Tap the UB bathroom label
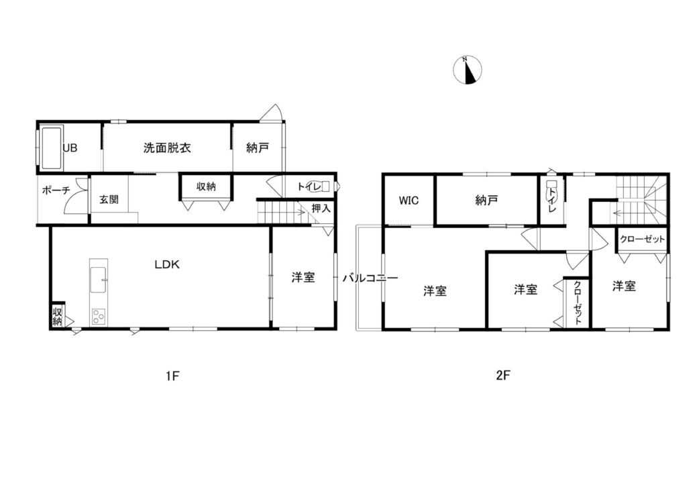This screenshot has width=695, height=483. (70, 148)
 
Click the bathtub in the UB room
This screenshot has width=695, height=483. (51, 148)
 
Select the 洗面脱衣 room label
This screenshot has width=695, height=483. (166, 148)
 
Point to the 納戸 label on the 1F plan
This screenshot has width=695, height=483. (258, 148)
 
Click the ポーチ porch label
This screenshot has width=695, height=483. (56, 191)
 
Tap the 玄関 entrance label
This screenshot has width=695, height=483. (109, 199)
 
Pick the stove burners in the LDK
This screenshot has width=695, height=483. (99, 316)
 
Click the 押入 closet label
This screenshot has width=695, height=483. (321, 209)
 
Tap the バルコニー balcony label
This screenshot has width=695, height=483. (370, 278)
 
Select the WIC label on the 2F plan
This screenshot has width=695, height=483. (409, 200)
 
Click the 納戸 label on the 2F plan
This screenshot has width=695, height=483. (487, 200)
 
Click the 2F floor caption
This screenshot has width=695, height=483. (503, 376)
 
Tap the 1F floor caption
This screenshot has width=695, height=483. (172, 376)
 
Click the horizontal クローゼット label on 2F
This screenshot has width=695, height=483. (642, 239)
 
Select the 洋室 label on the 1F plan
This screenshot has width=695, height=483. (303, 277)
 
